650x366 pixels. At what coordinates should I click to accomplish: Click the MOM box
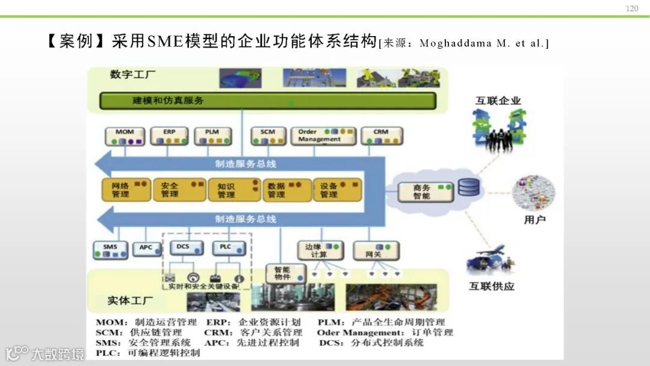pyautogui.click(x=125, y=136)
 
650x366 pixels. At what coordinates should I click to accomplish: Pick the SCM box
pyautogui.click(x=268, y=136)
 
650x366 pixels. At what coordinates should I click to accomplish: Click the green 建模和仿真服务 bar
pyautogui.click(x=268, y=101)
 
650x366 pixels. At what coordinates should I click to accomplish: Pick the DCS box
pyautogui.click(x=182, y=249)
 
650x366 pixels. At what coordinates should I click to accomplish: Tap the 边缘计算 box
pyautogui.click(x=320, y=250)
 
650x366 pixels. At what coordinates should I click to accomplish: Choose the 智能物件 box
pyautogui.click(x=282, y=273)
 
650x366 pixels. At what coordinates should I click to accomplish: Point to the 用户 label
pyautogui.click(x=534, y=220)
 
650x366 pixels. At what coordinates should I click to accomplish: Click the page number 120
pyautogui.click(x=632, y=8)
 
